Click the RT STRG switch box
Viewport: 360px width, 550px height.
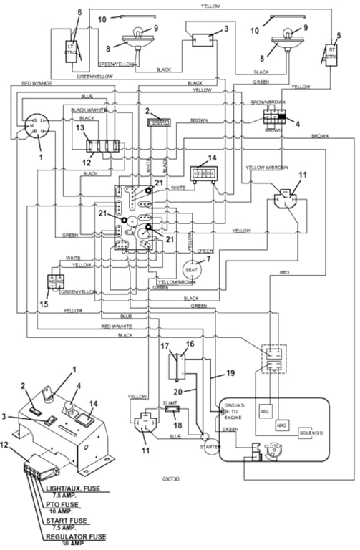(x=331, y=54)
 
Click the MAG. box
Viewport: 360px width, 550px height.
(x=281, y=425)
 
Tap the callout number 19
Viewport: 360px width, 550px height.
(x=230, y=373)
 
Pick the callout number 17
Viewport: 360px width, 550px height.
(x=164, y=346)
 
